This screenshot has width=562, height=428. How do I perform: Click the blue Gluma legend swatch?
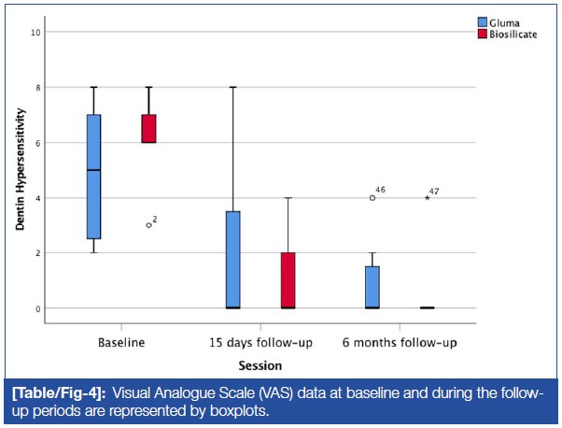(x=483, y=21)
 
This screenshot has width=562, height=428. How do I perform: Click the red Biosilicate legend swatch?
(x=483, y=34)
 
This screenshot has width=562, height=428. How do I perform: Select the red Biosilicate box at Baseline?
(x=148, y=128)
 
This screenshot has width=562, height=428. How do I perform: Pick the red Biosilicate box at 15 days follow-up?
(x=288, y=279)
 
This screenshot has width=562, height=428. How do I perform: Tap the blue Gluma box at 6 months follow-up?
(x=372, y=287)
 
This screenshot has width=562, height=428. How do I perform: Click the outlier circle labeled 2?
(x=148, y=225)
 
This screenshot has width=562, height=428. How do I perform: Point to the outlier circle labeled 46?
(x=372, y=197)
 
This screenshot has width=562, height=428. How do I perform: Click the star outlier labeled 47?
(x=427, y=197)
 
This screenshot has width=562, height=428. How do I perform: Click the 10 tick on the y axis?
(x=35, y=33)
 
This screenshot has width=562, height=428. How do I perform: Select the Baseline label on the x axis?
(x=120, y=343)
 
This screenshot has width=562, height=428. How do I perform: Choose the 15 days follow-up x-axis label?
(x=260, y=343)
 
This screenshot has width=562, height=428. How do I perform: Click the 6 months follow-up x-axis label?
(x=399, y=343)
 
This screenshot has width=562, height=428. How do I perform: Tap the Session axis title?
(x=260, y=364)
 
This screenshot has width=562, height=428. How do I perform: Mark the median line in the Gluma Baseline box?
(x=93, y=170)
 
